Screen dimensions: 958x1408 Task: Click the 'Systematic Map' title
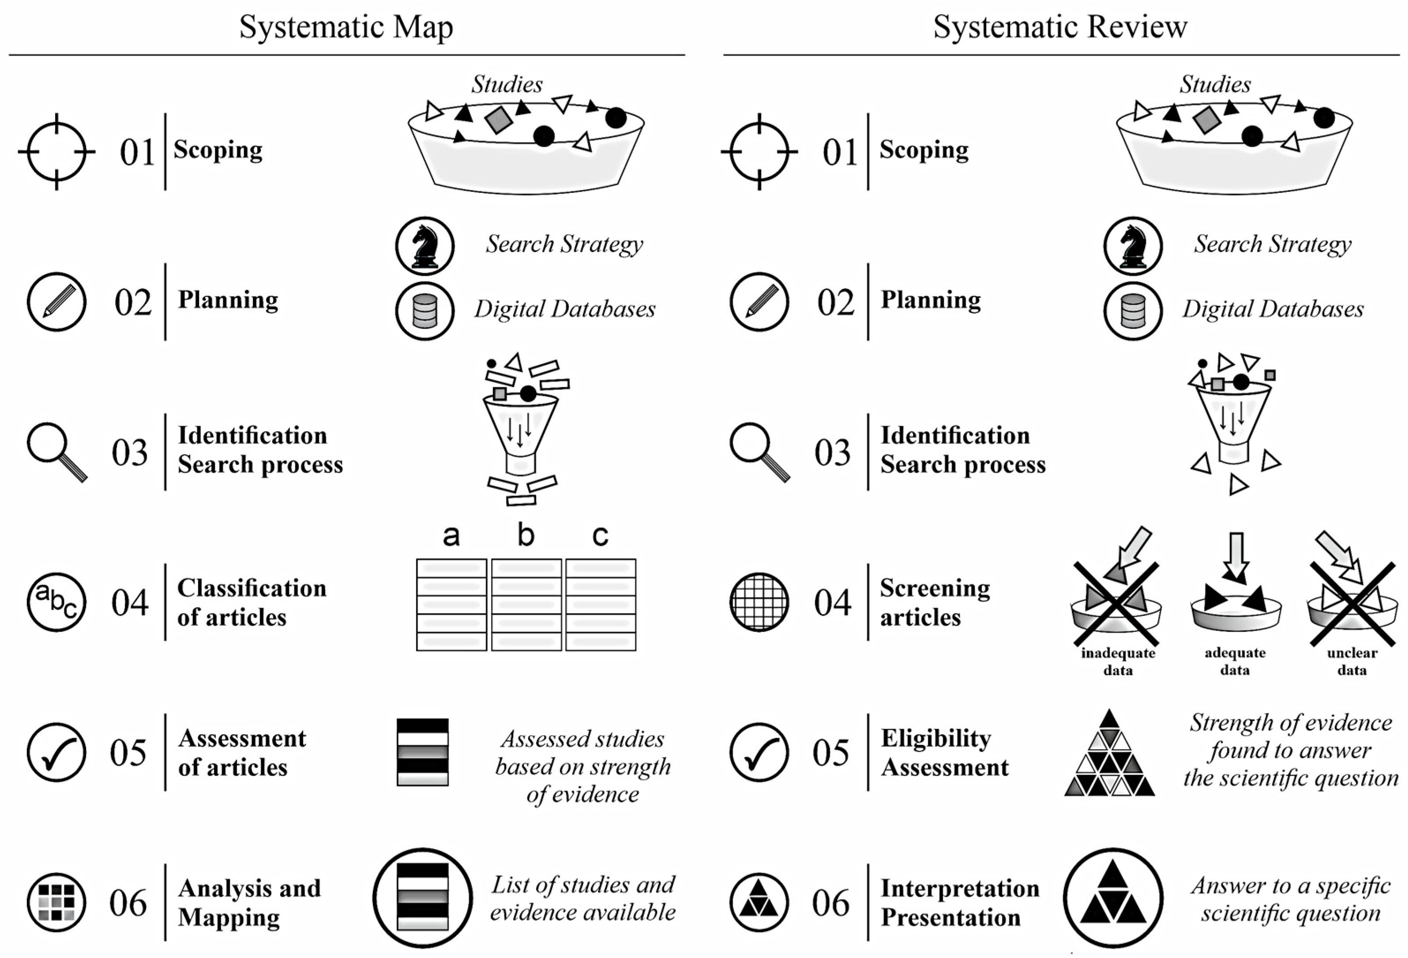[x=346, y=27]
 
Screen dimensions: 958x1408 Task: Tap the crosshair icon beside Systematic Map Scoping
[x=56, y=151]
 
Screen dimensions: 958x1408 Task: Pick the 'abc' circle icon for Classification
[x=56, y=602]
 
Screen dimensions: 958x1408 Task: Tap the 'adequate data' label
[x=1235, y=661]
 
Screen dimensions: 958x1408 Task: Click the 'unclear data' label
[x=1352, y=661]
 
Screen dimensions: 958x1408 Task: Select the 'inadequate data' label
[x=1118, y=661]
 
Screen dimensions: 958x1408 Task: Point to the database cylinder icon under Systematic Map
[x=425, y=311]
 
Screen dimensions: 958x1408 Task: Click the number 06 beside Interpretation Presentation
[x=830, y=903]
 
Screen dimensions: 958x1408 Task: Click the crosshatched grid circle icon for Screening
[x=759, y=602]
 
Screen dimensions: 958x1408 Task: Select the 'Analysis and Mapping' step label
[x=249, y=903]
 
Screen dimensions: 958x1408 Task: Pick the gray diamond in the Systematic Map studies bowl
[x=499, y=120]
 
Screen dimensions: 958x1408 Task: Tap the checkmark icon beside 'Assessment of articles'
[x=56, y=752]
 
